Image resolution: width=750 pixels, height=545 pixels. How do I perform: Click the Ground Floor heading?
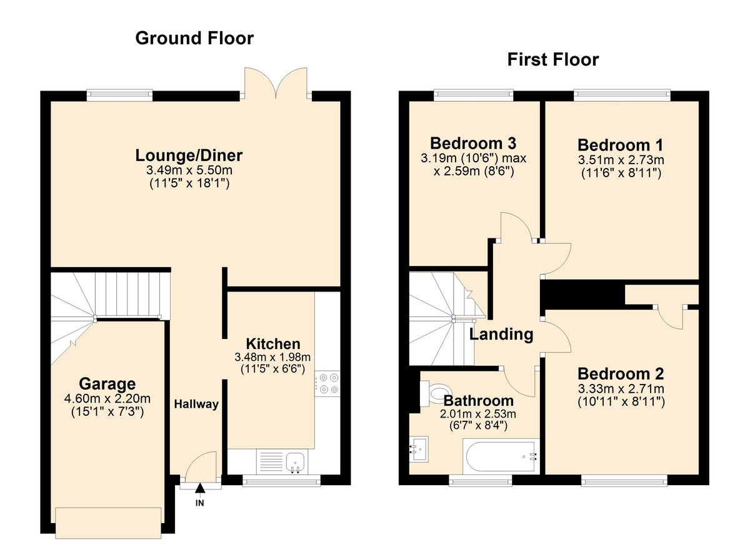[194, 38]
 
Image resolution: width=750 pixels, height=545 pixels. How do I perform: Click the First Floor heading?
[552, 59]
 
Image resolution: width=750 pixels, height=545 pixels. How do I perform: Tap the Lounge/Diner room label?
[189, 155]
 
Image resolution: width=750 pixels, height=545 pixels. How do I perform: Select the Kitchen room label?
[272, 343]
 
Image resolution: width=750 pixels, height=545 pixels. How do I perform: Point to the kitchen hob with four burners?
[328, 383]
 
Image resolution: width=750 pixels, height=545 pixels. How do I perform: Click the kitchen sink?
[294, 463]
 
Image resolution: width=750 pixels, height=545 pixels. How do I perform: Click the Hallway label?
[196, 404]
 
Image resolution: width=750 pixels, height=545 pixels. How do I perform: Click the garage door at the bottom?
[108, 521]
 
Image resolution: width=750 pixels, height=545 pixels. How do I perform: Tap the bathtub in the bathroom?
[500, 456]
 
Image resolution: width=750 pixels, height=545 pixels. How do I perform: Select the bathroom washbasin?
[419, 448]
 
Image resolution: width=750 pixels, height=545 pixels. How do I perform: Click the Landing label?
[501, 334]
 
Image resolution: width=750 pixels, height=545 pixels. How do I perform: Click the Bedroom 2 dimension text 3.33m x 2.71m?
[621, 390]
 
